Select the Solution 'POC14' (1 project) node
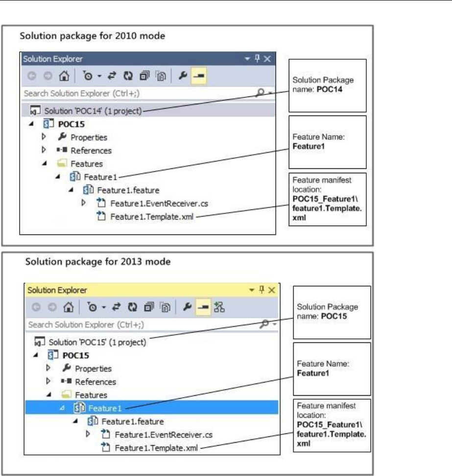coord(93,111)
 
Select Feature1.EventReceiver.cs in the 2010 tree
coord(152,203)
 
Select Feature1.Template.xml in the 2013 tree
coord(156,446)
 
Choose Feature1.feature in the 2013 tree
coord(132,420)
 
